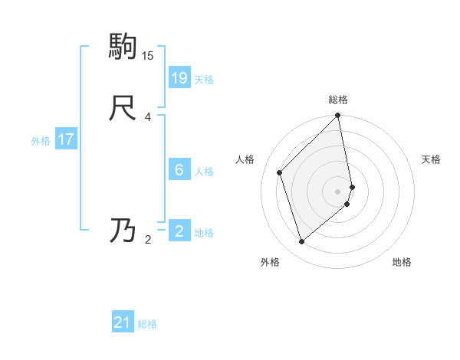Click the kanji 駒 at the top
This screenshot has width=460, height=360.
tap(123, 47)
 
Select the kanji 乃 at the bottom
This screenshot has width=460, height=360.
tap(123, 231)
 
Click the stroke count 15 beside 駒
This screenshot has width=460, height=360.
tap(148, 56)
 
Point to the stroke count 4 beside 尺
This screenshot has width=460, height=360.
tap(148, 117)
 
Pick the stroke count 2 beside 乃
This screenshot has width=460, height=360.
tap(148, 240)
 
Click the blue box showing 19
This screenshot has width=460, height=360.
tap(179, 77)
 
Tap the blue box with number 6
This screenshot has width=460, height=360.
tap(179, 169)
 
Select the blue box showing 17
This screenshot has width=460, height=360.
tap(66, 139)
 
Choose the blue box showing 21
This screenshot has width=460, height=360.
tap(123, 322)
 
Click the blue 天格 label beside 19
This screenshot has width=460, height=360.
tap(204, 80)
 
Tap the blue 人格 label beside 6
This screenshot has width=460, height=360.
tap(204, 172)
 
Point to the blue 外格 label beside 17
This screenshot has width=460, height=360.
tap(41, 141)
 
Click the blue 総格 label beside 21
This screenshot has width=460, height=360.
tap(147, 324)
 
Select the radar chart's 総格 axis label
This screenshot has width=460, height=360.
tap(338, 100)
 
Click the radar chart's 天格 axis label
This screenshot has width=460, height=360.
tap(432, 159)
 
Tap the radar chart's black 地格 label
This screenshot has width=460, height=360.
tap(402, 262)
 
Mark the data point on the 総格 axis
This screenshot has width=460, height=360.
tap(338, 116)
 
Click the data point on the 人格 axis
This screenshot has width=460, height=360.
tap(280, 172)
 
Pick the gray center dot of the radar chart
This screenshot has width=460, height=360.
tap(338, 191)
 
